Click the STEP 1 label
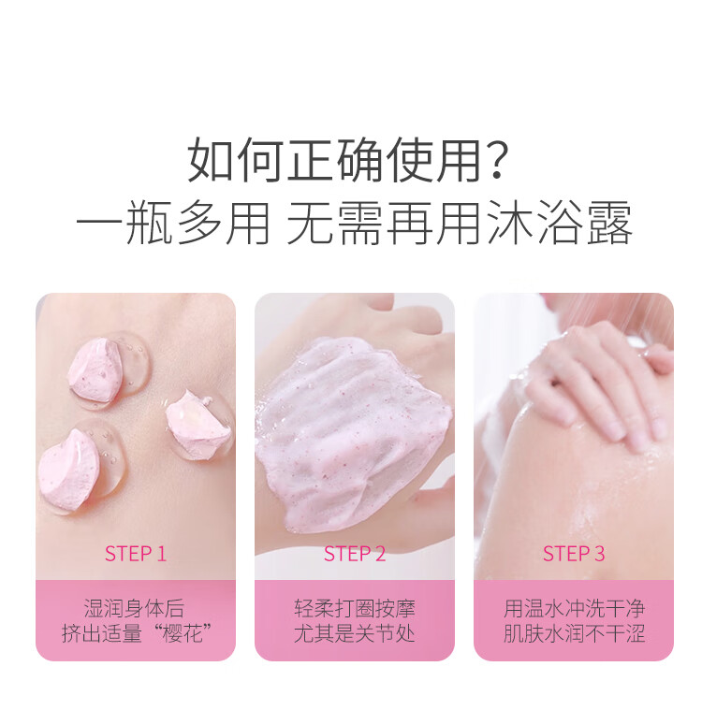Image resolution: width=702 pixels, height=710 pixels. pyautogui.click(x=136, y=554)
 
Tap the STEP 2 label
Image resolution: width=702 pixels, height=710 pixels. pyautogui.click(x=355, y=554)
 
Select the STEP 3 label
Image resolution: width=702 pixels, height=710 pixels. pyautogui.click(x=574, y=554)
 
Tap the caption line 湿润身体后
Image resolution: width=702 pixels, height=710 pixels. pyautogui.click(x=136, y=609)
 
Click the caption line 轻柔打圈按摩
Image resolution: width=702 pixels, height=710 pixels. pyautogui.click(x=355, y=609)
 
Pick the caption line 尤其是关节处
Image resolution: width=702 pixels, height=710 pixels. pyautogui.click(x=355, y=634)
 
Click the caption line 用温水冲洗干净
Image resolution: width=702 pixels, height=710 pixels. pyautogui.click(x=574, y=609)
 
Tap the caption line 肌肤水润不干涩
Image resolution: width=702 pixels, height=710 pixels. pyautogui.click(x=574, y=634)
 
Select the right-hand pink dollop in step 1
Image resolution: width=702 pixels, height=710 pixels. pyautogui.click(x=198, y=426)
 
